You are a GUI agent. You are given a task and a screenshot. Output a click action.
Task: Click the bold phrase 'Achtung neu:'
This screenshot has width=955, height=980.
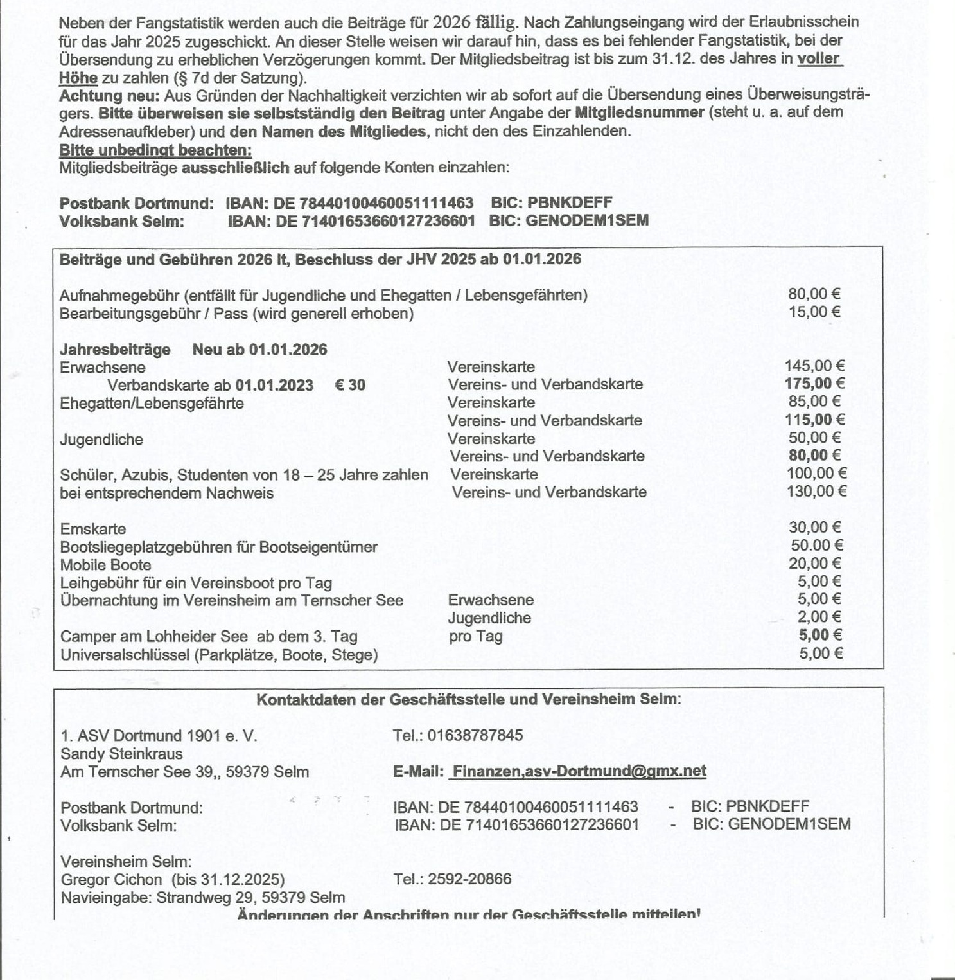coord(109,96)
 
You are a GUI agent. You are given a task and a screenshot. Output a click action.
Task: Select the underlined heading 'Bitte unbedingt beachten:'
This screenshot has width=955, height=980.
coord(155,150)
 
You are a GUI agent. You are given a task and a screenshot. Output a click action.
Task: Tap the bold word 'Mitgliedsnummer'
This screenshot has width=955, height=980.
coord(639,112)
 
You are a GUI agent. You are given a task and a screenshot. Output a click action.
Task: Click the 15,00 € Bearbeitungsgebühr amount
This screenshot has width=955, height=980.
coord(814,312)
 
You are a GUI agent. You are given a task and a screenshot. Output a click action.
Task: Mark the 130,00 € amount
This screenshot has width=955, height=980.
coord(816,492)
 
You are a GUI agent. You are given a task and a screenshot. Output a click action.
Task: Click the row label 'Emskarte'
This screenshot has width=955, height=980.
coord(93,529)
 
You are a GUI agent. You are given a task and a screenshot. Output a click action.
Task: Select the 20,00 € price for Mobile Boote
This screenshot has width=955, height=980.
coord(814,564)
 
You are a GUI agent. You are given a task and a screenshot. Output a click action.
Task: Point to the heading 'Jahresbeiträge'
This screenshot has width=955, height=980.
coord(115,350)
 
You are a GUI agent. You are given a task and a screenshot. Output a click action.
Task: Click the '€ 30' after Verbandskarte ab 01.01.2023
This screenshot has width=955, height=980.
coord(350,385)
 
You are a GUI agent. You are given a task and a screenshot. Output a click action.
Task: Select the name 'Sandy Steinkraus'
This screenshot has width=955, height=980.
coord(121,754)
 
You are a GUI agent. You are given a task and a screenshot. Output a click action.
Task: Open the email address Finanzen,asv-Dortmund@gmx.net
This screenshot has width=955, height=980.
coord(579,771)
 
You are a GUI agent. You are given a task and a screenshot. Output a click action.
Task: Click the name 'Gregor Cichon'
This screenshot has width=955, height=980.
coord(112,879)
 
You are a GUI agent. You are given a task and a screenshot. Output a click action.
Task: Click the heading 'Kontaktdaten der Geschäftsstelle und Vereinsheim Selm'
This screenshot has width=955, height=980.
coord(468,699)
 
